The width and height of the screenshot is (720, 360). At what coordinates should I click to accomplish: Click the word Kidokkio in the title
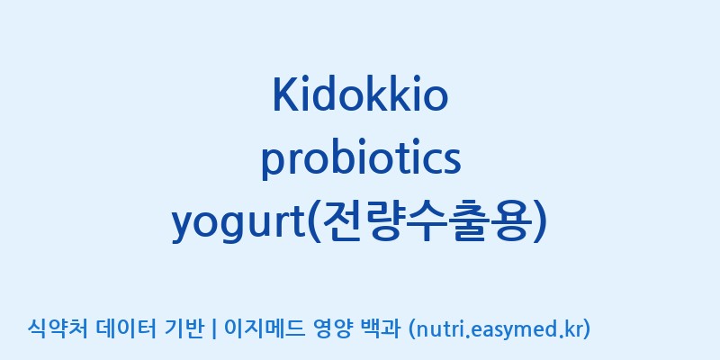click(360, 94)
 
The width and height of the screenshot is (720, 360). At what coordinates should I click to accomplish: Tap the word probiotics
click(361, 158)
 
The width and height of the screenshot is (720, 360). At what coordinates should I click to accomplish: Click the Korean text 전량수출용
click(424, 222)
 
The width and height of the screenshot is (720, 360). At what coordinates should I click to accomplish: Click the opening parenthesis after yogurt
click(313, 222)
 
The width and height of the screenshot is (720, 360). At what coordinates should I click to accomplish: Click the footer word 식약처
click(57, 328)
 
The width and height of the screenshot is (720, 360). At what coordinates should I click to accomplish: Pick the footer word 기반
click(183, 328)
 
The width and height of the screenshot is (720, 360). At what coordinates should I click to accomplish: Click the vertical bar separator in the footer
click(213, 329)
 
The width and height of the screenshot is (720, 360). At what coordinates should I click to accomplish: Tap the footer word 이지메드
click(264, 328)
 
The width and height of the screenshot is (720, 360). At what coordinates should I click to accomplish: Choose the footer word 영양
click(333, 328)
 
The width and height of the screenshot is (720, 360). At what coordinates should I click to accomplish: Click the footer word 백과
click(381, 328)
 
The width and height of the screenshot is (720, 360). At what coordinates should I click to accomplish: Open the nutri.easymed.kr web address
click(499, 329)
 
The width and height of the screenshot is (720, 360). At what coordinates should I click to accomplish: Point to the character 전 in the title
click(343, 222)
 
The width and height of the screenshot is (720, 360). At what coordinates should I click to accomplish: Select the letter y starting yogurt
click(184, 229)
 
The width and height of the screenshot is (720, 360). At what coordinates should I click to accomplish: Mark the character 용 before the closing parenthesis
click(507, 222)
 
